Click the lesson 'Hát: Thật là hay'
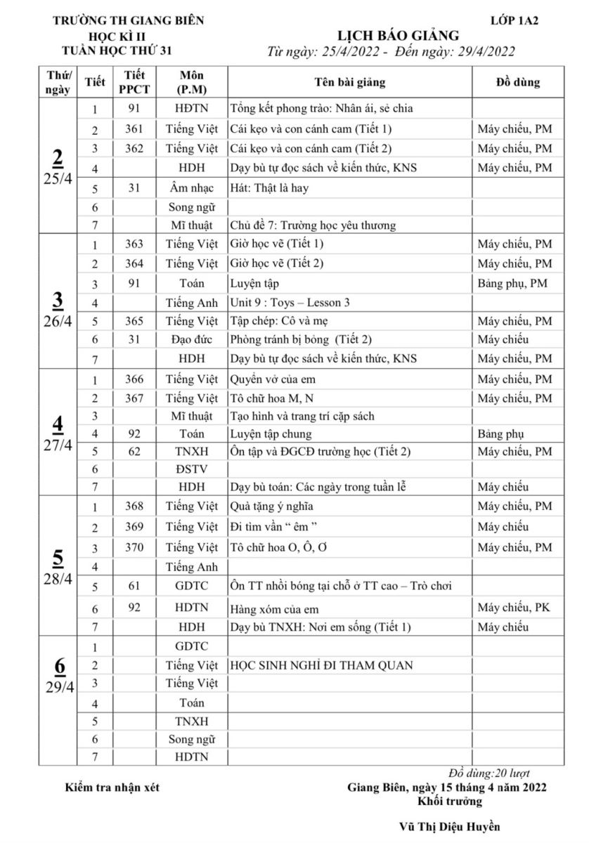click(269, 188)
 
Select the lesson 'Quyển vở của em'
click(273, 379)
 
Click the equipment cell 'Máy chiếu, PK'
click(513, 607)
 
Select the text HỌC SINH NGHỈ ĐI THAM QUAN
click(321, 665)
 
